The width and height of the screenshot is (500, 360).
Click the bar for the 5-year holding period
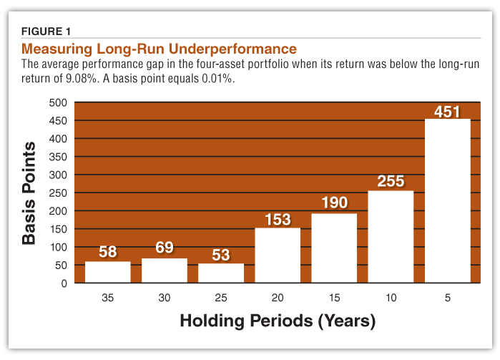[x=447, y=200]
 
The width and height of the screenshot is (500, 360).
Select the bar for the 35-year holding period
[x=107, y=272]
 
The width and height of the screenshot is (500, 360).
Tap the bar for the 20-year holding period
[x=278, y=255]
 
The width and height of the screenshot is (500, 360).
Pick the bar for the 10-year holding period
[x=391, y=236]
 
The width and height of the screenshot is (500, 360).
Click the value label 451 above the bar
[x=447, y=112]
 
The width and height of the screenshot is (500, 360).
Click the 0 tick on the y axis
[x=63, y=283]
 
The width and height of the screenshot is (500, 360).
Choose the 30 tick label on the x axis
[x=164, y=296]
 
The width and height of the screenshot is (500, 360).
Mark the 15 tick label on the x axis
[x=334, y=296]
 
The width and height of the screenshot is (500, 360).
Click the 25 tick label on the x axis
[x=221, y=296]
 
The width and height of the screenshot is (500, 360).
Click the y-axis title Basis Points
[x=29, y=193]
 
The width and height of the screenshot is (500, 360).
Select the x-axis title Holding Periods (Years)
[x=277, y=321]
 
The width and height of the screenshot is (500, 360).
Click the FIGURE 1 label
[x=46, y=31]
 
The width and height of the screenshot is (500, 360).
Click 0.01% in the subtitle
[x=215, y=79]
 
